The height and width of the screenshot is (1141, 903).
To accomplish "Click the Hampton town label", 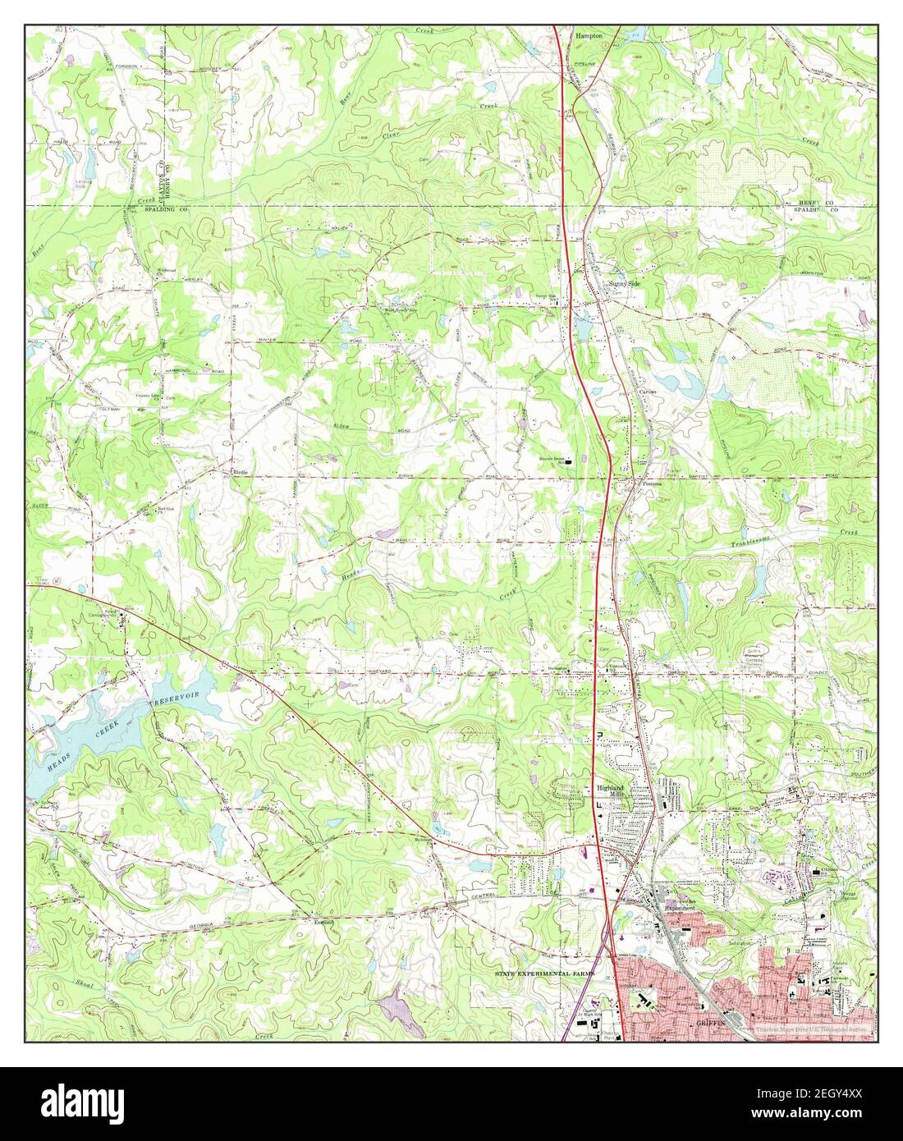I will (x=589, y=36).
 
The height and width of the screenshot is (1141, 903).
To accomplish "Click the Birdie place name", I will (x=241, y=473).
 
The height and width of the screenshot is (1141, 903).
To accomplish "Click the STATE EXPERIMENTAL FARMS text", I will (x=542, y=973).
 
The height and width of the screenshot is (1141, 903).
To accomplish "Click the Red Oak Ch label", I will (x=165, y=510).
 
